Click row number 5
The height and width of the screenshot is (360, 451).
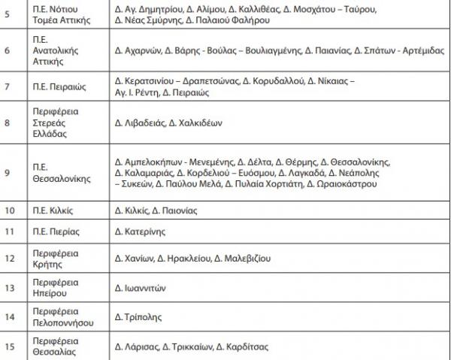7,14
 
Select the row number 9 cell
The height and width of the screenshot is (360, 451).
7,173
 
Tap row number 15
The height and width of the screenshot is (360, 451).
9,346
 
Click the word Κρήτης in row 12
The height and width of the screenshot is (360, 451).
61,265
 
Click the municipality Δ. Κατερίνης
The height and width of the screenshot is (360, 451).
140,231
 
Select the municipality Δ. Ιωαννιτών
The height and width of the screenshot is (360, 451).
140,288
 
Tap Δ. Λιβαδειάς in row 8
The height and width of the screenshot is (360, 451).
141,122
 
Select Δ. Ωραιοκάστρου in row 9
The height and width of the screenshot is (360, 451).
338,184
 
